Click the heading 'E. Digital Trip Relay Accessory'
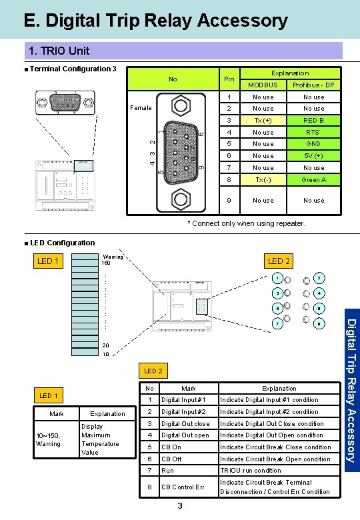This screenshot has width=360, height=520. pos(155,21)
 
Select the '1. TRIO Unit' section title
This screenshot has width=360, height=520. pos(59,51)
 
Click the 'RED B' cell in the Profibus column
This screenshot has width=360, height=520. pos(313,121)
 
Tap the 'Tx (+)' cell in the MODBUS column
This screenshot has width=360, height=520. pos(263,121)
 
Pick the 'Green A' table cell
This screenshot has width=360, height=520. pos(313,180)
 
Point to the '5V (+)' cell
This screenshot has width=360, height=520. pos(313,156)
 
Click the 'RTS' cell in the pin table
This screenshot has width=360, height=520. pos(313,133)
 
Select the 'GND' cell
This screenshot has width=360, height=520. pos(313,144)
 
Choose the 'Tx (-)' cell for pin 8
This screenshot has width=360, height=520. pos(263,180)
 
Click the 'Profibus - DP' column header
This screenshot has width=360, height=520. pos(313,85)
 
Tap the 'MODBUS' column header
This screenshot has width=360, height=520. pos(263,85)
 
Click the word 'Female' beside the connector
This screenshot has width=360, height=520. pos(141,107)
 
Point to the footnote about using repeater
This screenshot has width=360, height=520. pos(246,224)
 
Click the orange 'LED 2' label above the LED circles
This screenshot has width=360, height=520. pos(279,261)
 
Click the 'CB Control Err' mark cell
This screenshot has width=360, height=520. pos(183,487)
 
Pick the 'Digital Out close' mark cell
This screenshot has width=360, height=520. pos(185,424)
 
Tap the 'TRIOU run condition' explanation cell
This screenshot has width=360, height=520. pos(251,471)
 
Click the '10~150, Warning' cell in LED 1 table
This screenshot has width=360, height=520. pos(48,439)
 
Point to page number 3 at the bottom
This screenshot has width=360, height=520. pos(181,507)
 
